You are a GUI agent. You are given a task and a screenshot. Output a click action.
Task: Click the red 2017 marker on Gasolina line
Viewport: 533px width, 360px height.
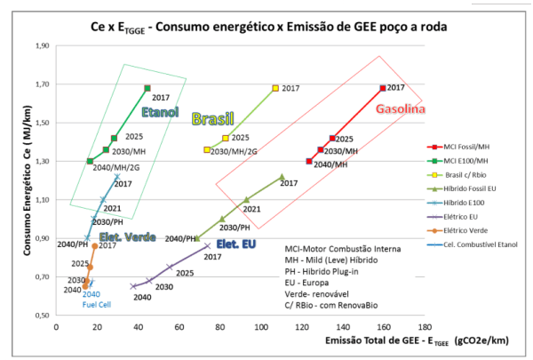383,88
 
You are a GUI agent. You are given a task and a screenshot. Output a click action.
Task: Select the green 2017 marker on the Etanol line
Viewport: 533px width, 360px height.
147,88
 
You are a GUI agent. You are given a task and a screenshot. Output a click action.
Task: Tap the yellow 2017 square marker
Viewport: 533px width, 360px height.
275,88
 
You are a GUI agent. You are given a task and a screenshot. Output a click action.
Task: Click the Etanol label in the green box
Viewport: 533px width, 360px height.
160,112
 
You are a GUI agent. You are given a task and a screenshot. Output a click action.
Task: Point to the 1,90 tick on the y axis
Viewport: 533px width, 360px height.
41,45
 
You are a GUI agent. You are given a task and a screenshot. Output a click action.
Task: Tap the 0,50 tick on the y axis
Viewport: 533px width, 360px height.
41,315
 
